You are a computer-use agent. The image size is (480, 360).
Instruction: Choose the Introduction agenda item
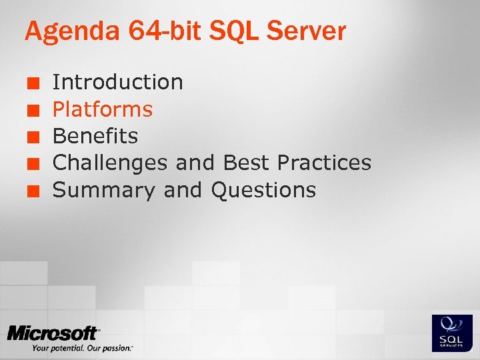(118, 82)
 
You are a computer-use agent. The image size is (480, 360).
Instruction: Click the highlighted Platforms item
(103, 109)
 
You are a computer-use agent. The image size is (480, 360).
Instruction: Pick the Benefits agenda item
(95, 136)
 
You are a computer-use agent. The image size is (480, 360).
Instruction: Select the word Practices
(324, 163)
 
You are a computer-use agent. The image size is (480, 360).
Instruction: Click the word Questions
(263, 190)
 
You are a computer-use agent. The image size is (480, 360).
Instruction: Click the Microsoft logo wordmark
(53, 333)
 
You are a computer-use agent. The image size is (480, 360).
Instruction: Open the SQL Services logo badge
(452, 333)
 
